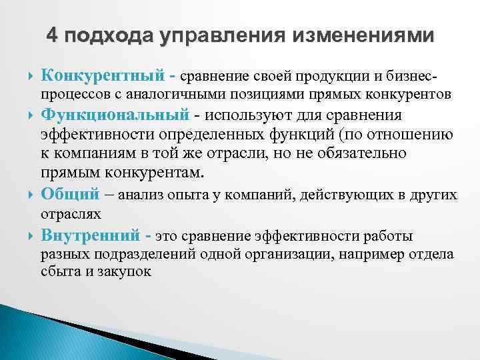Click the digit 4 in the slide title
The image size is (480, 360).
tap(53, 35)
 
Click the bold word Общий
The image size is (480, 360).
tap(69, 195)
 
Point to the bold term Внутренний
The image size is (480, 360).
tap(91, 235)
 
